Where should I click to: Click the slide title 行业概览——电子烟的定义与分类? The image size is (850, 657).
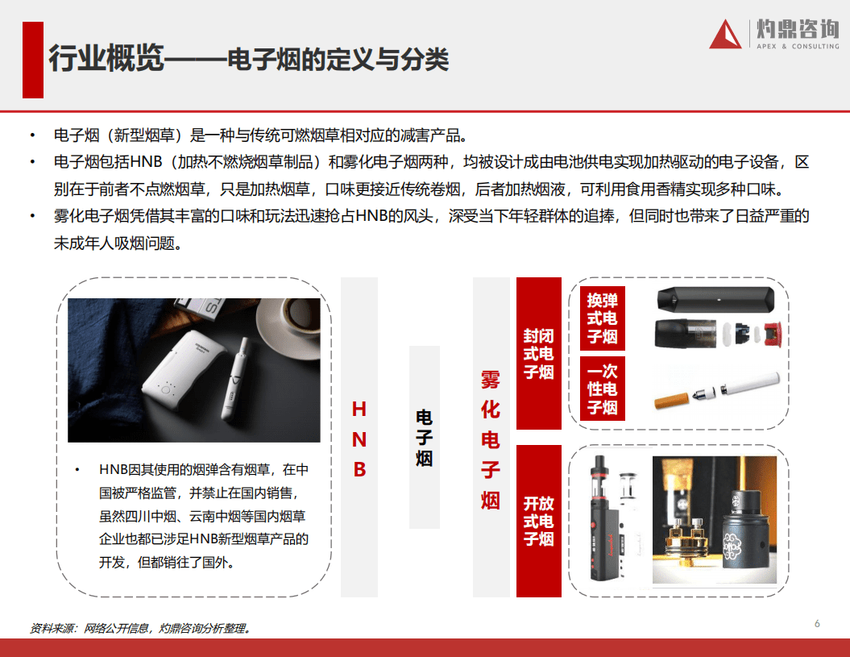[x=248, y=59]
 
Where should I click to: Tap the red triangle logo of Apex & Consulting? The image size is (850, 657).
[x=725, y=35]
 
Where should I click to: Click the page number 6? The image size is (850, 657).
[x=817, y=623]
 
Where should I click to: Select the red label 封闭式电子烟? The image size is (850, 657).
[x=538, y=353]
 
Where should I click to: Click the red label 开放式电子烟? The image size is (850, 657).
[x=538, y=521]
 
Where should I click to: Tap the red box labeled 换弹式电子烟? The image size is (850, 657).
[x=602, y=318]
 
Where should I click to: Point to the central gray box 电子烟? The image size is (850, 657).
[x=424, y=437]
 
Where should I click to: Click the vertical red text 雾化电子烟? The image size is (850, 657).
[x=491, y=440]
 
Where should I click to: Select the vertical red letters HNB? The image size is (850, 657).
[x=359, y=439]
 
